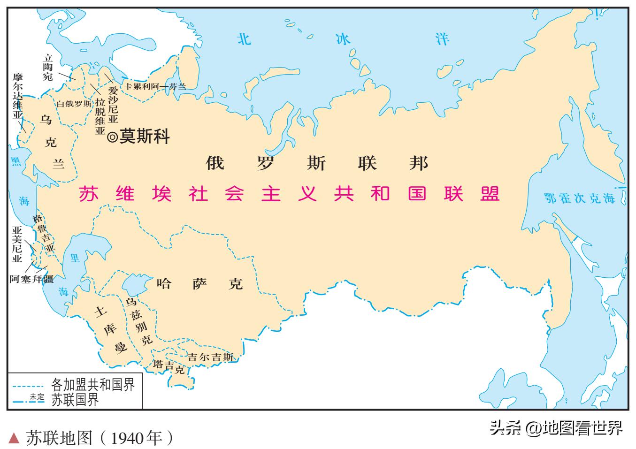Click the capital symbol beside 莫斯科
113,137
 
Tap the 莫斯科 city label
145,137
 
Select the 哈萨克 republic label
200,283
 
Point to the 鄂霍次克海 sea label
579,198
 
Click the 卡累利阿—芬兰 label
155,86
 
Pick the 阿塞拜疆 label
31,279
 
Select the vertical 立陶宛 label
48,67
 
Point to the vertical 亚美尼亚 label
17,244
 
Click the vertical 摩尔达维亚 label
17,96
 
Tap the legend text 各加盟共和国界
93,385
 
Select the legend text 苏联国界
75,400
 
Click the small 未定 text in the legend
37,396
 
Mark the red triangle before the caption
15,438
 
